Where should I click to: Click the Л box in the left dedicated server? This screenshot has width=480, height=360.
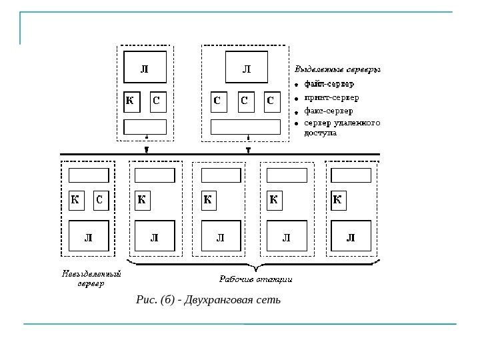tap(145, 69)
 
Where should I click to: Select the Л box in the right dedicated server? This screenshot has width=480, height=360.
tap(246, 69)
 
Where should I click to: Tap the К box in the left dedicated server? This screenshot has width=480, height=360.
tap(132, 102)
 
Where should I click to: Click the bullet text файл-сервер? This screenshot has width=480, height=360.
tap(329, 84)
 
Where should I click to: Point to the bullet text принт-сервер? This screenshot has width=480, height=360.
tap(331, 97)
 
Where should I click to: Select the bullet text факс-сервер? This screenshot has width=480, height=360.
tap(329, 111)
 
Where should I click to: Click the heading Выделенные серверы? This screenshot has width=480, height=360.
tap(338, 69)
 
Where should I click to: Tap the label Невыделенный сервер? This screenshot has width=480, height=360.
tap(91, 277)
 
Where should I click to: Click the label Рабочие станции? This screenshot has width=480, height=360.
tap(257, 279)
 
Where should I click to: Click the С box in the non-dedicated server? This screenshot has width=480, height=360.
tap(99, 199)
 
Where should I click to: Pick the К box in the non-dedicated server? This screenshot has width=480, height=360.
tap(76, 199)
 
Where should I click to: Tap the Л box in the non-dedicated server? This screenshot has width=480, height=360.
tap(88, 237)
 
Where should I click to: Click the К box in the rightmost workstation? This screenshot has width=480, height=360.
tap(337, 199)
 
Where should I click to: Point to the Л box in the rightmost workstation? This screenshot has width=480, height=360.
tap(351, 237)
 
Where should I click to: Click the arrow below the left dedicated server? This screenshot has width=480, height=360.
tap(146, 149)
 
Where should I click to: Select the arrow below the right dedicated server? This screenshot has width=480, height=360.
tap(248, 149)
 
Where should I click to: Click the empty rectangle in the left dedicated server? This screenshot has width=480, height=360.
tap(145, 127)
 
